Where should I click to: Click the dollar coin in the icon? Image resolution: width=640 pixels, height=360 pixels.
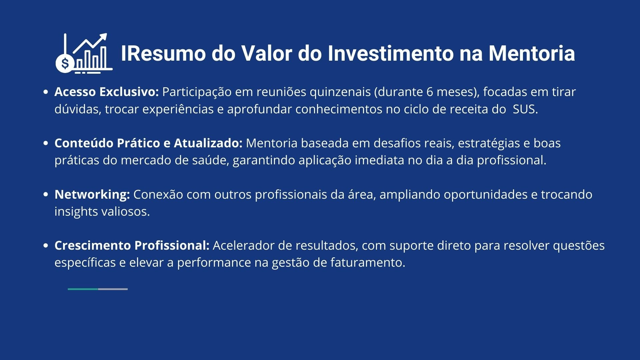click(x=65, y=63)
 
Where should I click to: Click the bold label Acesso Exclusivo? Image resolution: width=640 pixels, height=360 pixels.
click(x=107, y=92)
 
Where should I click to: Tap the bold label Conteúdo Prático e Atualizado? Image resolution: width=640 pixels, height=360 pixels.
click(x=148, y=143)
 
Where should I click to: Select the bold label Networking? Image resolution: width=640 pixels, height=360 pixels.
click(x=92, y=195)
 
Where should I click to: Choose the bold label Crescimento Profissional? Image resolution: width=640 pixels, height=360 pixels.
click(x=132, y=245)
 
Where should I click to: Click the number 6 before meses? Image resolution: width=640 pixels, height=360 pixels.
click(x=430, y=92)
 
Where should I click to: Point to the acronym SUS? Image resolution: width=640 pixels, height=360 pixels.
click(x=525, y=109)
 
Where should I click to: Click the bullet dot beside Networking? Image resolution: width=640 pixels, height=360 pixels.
click(x=46, y=195)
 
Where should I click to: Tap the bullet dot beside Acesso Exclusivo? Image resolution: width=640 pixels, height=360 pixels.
click(x=46, y=92)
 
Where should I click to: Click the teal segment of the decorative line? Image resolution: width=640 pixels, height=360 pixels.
click(x=83, y=289)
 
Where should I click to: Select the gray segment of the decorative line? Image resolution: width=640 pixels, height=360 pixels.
click(x=113, y=289)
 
